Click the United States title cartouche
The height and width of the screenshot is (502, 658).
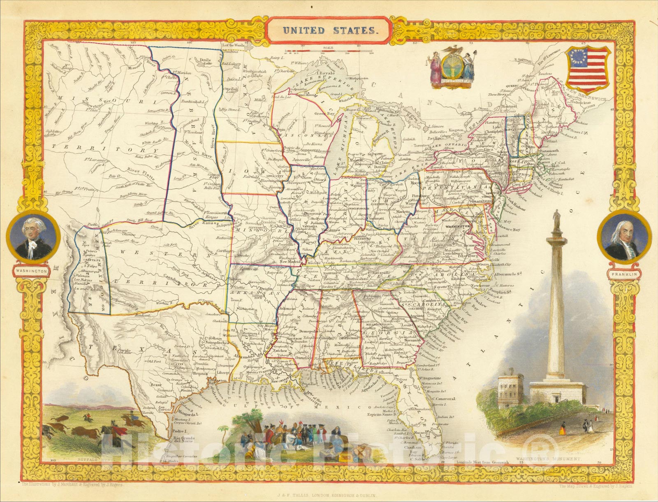[328, 30]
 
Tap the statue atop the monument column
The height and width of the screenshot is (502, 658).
[557, 218]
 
